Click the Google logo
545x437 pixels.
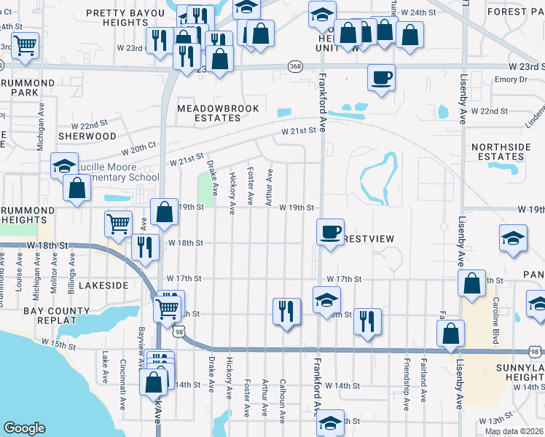point(25,428)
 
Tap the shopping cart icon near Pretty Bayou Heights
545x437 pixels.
point(26,45)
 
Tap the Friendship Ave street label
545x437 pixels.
point(407,379)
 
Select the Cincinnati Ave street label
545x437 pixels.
point(123,374)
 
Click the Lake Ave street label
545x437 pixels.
point(105,368)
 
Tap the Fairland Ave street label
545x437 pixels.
point(424,379)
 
